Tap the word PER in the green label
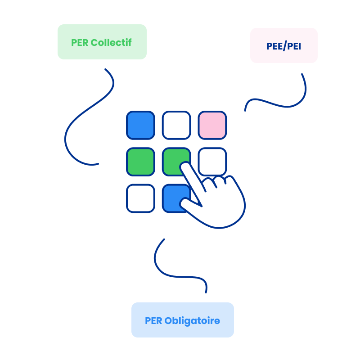click(x=79, y=42)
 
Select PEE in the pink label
click(x=274, y=46)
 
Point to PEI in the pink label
click(x=294, y=46)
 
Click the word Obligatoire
click(x=192, y=321)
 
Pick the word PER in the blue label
click(x=153, y=321)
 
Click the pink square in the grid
click(x=212, y=125)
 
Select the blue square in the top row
click(x=140, y=125)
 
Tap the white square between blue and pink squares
click(x=176, y=125)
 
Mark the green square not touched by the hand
click(x=140, y=162)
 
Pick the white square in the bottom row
click(x=140, y=198)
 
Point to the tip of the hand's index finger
click(x=184, y=167)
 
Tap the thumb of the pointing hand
click(x=187, y=205)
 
